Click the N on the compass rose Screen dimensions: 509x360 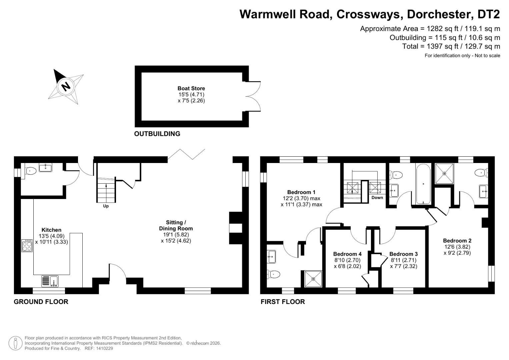point(66,86)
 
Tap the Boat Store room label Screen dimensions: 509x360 point(191,88)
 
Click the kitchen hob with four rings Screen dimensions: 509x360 point(27,245)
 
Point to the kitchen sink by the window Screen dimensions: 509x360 point(50,281)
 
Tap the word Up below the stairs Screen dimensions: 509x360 point(106,206)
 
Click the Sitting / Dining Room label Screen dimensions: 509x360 point(176,225)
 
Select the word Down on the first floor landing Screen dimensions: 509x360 point(377,197)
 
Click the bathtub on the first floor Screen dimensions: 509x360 point(423,184)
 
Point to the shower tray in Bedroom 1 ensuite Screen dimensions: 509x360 point(313,279)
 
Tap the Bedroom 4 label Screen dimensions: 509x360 point(347,254)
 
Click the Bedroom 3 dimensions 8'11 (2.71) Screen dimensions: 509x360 point(403,260)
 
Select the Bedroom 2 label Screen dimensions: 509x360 point(457,240)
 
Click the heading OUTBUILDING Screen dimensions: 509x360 point(157,134)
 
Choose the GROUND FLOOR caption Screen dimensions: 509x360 point(41,302)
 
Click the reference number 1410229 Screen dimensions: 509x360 point(104,348)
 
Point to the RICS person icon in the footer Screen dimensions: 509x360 point(15,343)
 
